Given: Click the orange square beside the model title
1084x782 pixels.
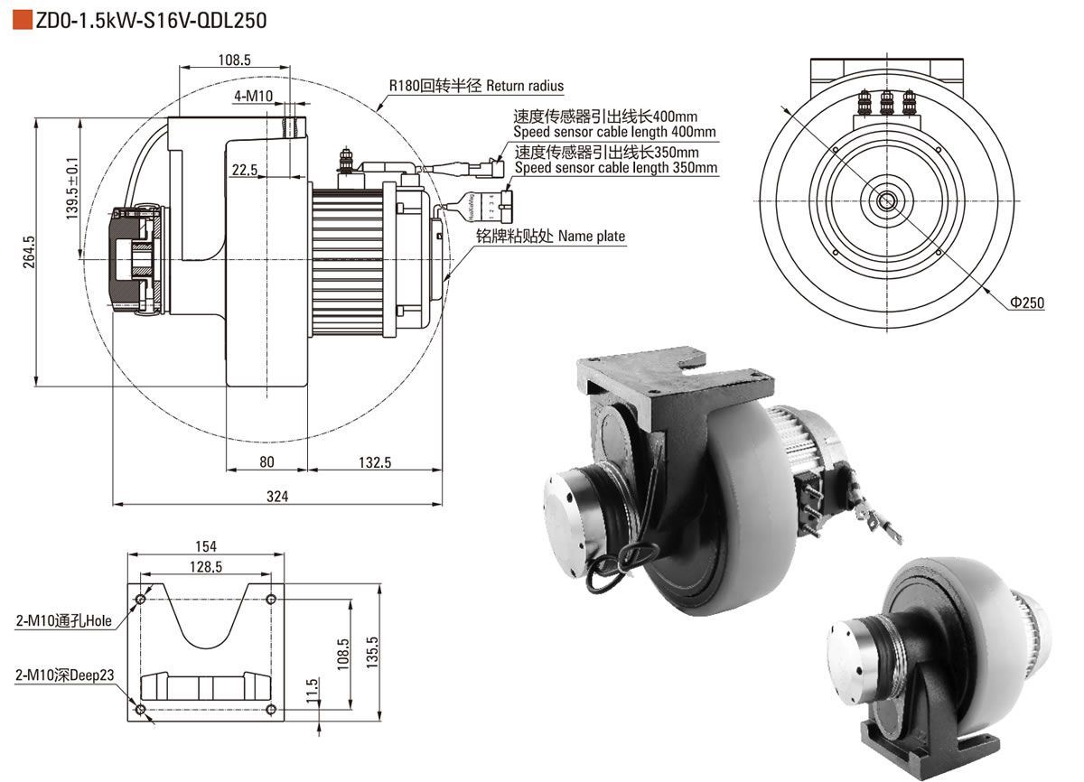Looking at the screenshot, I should pos(21,19).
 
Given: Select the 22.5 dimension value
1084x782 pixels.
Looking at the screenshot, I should pos(244,170).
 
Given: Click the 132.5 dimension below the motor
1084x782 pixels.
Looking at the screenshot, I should pos(375,462).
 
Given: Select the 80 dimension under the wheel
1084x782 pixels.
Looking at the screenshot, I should pos(266,462).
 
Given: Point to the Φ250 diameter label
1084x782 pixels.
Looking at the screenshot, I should pos(1026,303).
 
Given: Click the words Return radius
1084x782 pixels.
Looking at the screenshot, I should pos(524,86).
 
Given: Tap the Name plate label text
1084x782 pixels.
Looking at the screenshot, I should pos(591,237).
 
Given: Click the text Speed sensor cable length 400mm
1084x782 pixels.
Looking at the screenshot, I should pos(616,132).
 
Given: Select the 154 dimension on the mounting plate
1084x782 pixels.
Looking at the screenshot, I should pos(206,546).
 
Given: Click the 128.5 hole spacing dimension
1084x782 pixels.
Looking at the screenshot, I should pos(206,567).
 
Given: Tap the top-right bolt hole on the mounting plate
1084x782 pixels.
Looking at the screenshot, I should pos(272,599).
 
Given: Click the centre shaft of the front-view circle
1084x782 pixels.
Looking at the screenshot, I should pos(886,200).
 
